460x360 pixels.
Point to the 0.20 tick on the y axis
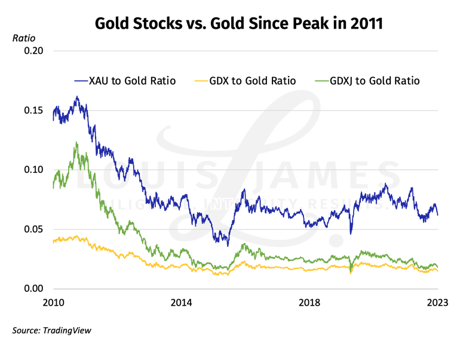(34, 51)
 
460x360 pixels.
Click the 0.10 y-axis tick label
(34, 170)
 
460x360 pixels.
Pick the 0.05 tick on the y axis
(34, 229)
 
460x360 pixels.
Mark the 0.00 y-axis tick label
(34, 289)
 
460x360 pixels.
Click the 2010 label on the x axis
(54, 303)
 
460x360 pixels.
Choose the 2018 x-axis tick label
(309, 303)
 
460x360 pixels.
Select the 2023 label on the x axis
(438, 303)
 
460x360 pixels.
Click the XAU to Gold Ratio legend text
(132, 81)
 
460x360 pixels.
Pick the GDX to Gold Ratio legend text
(253, 81)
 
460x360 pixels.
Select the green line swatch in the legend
(323, 81)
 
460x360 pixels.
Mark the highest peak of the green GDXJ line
(76, 142)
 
